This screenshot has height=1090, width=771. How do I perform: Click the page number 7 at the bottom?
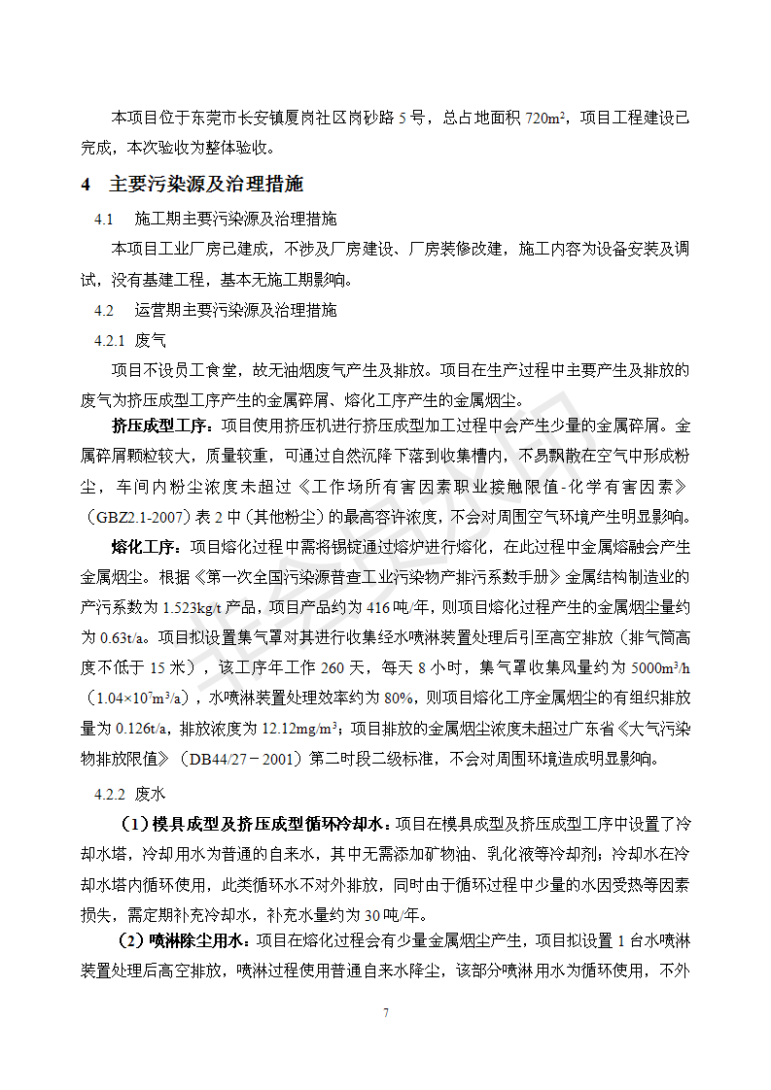coord(385,1013)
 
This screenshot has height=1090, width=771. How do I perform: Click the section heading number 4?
coord(86,184)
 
